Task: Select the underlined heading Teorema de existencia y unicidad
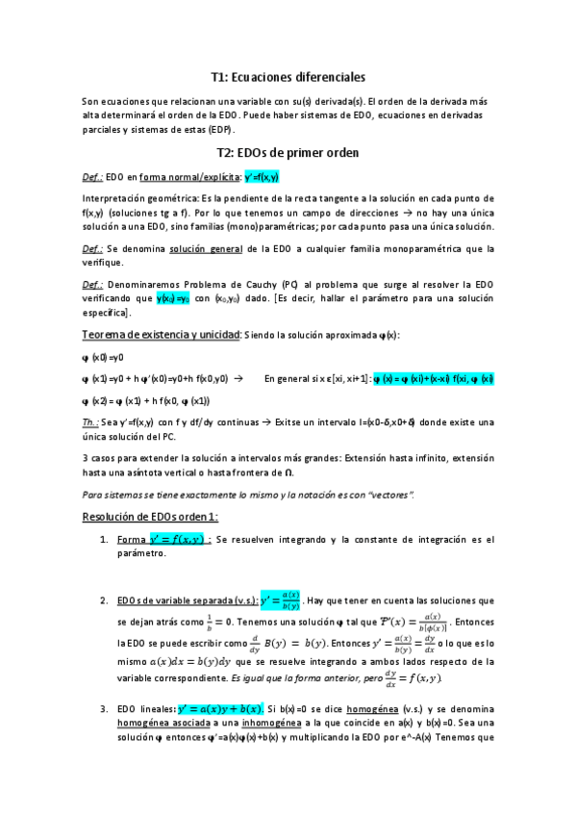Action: [166, 334]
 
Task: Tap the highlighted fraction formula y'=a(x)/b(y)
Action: [265, 601]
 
